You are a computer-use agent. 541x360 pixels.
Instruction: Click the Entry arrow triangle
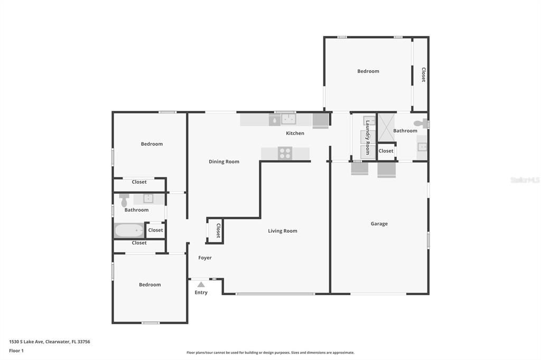(201, 285)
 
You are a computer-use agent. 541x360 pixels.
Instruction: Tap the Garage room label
(379, 224)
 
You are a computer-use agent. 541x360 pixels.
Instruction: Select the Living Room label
(283, 231)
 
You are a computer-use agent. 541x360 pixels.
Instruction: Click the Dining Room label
(224, 162)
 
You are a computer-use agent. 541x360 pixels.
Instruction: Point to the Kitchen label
(295, 133)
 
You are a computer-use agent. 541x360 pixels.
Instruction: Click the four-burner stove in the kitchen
(285, 153)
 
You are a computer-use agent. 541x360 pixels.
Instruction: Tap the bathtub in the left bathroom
(129, 230)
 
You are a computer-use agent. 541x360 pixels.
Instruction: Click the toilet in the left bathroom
(124, 200)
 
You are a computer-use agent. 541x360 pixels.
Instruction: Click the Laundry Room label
(368, 137)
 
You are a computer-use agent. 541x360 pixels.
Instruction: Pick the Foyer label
(205, 258)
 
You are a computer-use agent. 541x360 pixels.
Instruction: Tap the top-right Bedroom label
(368, 71)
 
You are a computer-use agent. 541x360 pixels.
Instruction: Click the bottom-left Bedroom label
(150, 285)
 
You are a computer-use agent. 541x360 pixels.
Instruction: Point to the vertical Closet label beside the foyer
(218, 231)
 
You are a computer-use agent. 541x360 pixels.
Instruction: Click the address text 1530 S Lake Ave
(26, 342)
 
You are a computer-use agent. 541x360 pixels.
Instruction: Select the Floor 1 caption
(16, 350)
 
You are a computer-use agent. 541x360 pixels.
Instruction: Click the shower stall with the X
(386, 127)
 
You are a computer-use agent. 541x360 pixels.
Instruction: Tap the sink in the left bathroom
(148, 198)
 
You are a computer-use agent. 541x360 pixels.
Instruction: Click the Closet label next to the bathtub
(155, 230)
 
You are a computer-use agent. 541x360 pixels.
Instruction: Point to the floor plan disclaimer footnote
(270, 353)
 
